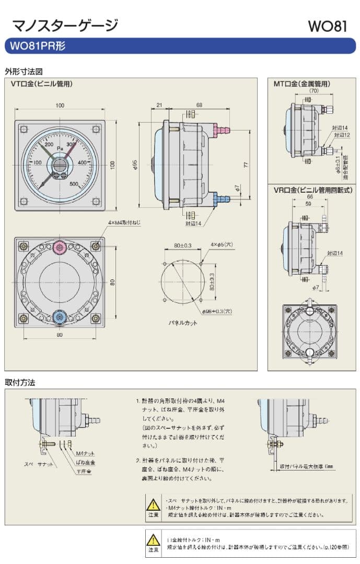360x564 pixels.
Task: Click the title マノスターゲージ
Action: tap(64, 25)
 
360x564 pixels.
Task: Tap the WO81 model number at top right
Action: tap(327, 26)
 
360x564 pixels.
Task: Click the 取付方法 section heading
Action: tap(20, 382)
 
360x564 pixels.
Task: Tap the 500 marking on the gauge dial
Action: tap(74, 183)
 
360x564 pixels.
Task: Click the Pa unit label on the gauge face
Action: tap(60, 148)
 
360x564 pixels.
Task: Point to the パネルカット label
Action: tap(183, 323)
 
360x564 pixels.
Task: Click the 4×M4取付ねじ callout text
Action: tap(124, 222)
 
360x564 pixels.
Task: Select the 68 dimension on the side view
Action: tap(199, 105)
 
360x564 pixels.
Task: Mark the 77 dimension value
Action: tap(246, 164)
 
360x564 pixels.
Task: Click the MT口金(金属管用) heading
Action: tap(302, 83)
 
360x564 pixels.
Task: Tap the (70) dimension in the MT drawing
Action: tap(313, 91)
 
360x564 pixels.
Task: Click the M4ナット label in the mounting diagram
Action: tap(85, 453)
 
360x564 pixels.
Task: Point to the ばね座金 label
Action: tap(85, 463)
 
